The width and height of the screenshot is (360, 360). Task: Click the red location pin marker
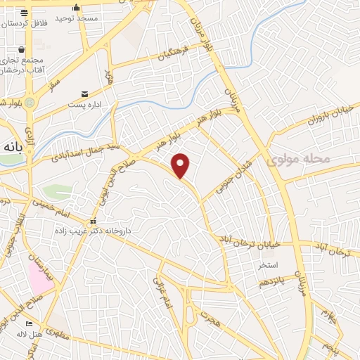click(181, 165)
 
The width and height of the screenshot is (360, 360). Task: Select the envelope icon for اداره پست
click(85, 94)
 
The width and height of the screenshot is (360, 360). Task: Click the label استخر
click(268, 265)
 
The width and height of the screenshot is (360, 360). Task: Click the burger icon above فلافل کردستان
click(22, 13)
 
